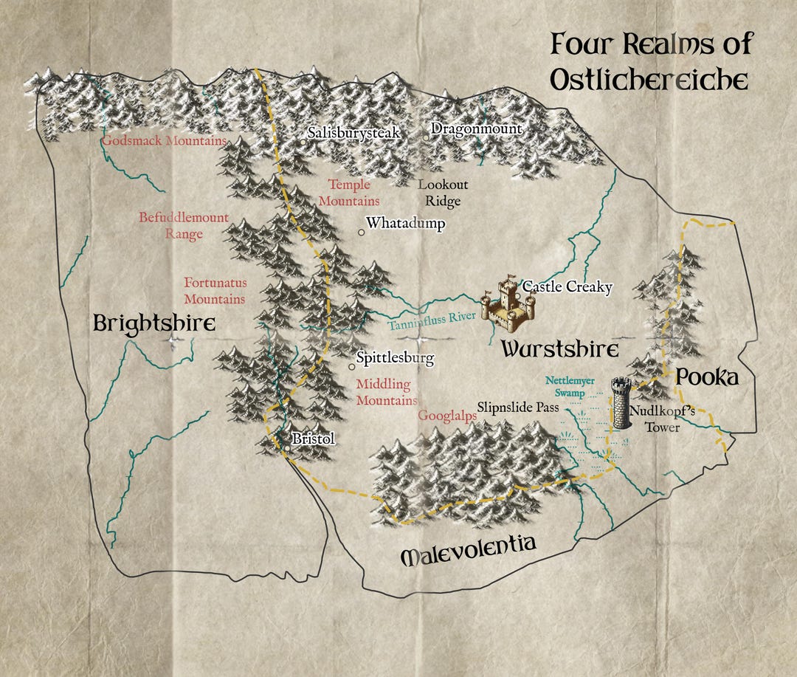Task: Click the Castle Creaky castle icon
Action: (x=505, y=303)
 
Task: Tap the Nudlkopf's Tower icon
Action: (x=621, y=403)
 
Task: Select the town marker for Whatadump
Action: (x=362, y=233)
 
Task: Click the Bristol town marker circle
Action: (x=287, y=447)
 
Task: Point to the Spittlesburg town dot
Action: (x=352, y=367)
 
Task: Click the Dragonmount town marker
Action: (x=427, y=137)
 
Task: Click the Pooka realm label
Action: (x=706, y=377)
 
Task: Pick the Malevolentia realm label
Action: (x=467, y=550)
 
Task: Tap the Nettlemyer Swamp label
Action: (x=565, y=388)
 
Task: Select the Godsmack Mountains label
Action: (x=164, y=140)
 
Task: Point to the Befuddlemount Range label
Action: (x=184, y=226)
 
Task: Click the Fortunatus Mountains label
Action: (x=215, y=291)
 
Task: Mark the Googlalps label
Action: (x=446, y=416)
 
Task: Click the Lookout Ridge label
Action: (x=443, y=193)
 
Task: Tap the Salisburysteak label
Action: (x=353, y=133)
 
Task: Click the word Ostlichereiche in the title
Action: (x=649, y=80)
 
